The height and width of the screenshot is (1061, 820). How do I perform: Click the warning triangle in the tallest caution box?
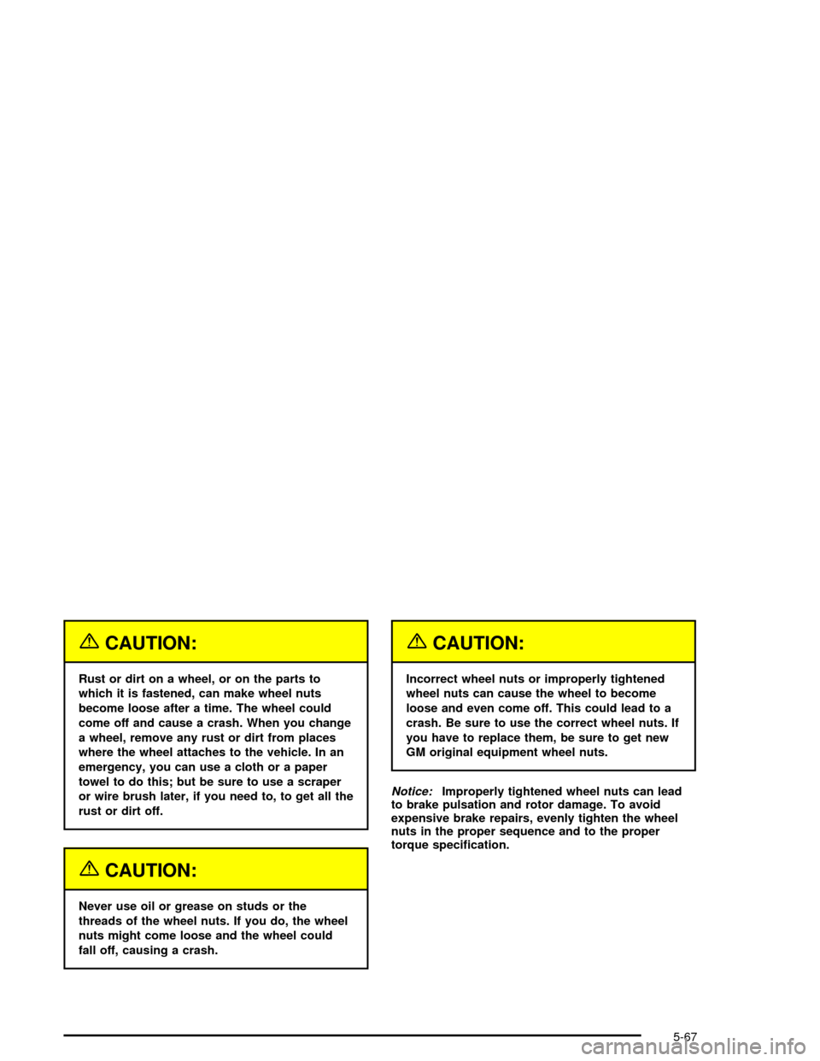89,642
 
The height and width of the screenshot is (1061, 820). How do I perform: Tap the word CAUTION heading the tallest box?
146,643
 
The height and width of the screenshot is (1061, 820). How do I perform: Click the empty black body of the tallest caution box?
214,743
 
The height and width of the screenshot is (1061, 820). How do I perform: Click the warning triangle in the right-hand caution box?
417,642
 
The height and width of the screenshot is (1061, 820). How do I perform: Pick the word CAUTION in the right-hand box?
474,643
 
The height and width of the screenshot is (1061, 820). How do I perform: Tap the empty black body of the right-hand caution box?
543,715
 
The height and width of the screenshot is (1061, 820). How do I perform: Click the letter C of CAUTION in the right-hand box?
440,643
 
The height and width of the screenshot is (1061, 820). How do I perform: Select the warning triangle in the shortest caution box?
89,869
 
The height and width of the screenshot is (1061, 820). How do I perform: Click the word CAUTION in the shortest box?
146,870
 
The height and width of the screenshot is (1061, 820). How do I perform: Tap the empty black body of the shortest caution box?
214,928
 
